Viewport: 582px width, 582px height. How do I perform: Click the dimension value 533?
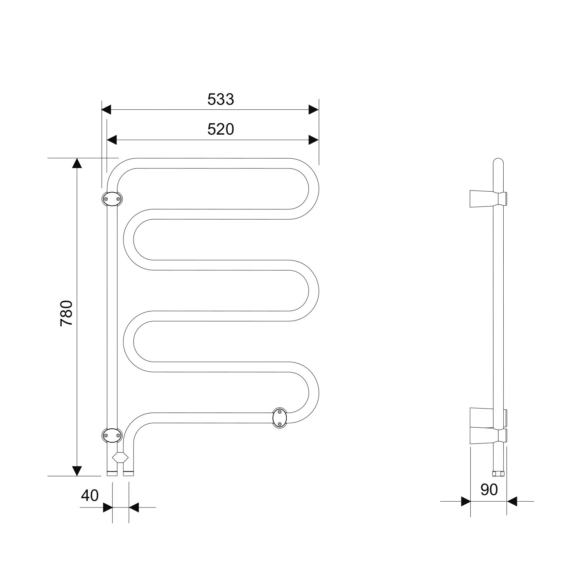point(221,100)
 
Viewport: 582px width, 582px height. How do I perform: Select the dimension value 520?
point(221,130)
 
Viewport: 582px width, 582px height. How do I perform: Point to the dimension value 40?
point(90,495)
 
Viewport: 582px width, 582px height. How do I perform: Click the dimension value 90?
point(489,490)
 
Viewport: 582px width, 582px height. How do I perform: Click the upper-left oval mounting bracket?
point(112,199)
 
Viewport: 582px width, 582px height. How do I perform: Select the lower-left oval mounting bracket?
point(112,435)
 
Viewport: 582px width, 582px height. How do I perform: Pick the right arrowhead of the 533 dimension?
point(314,109)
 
